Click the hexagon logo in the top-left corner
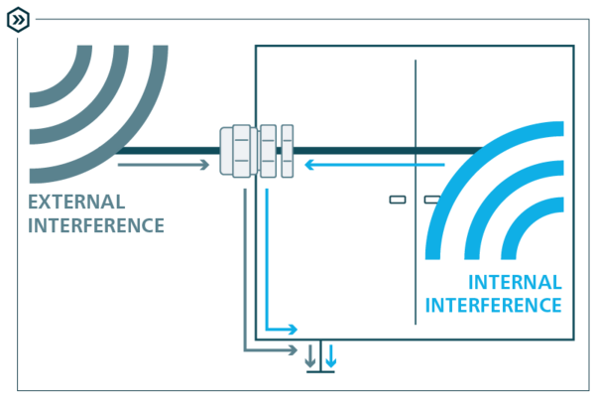[x=19, y=19]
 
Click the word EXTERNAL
[x=76, y=203]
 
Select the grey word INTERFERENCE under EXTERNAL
[x=96, y=225]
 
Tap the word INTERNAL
[x=515, y=282]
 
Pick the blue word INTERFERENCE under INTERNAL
[x=494, y=305]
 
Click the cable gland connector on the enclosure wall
[x=257, y=151]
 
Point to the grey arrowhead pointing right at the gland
[x=205, y=165]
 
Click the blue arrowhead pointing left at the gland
[x=309, y=165]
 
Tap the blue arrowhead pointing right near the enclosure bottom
[x=293, y=330]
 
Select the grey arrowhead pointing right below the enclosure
[x=293, y=350]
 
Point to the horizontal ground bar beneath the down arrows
[x=320, y=372]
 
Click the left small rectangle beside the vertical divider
[x=397, y=200]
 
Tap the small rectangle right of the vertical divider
[x=430, y=200]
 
